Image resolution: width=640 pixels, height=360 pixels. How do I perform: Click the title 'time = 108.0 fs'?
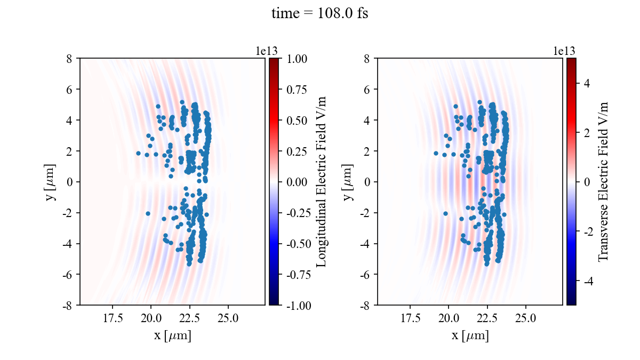[319, 13]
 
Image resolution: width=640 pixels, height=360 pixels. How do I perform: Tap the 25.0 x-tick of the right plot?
[526, 318]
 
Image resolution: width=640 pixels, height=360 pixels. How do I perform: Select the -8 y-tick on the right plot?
[366, 305]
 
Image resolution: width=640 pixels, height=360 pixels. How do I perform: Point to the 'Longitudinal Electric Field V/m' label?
[322, 182]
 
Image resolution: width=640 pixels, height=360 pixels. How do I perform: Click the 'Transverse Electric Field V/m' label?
[603, 182]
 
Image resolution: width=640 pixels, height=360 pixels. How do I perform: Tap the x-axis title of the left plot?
[172, 336]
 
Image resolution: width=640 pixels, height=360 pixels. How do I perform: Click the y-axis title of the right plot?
[348, 182]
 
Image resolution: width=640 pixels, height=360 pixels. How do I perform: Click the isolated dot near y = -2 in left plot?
[148, 213]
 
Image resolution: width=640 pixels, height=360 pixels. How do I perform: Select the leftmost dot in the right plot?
[436, 153]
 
